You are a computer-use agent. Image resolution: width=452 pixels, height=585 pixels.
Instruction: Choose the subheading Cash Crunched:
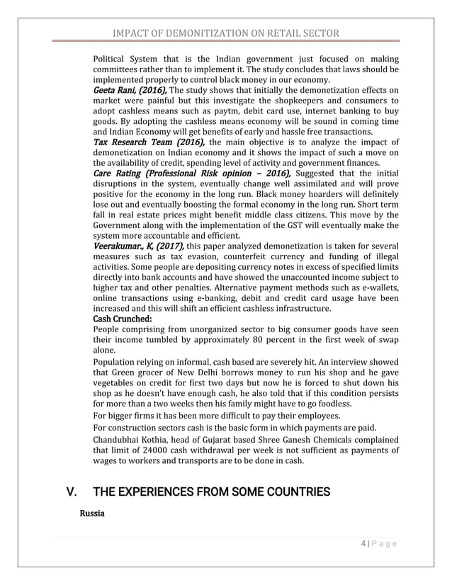[x=123, y=319]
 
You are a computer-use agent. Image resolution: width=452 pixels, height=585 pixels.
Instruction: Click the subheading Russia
[x=92, y=513]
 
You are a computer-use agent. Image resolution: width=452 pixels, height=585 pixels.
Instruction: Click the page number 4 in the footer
[x=363, y=544]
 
